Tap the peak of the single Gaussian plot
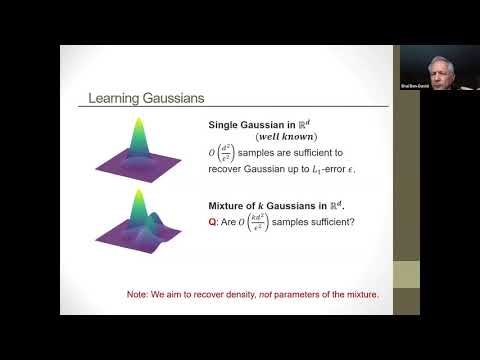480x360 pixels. click(137, 123)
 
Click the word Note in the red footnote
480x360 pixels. click(137, 296)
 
